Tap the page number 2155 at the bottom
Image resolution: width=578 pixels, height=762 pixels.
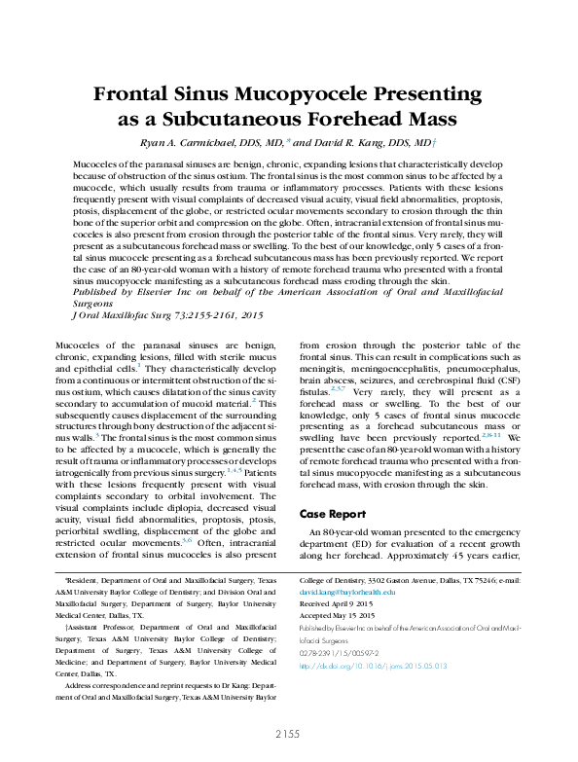288,733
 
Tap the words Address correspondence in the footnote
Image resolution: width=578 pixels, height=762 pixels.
101,686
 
